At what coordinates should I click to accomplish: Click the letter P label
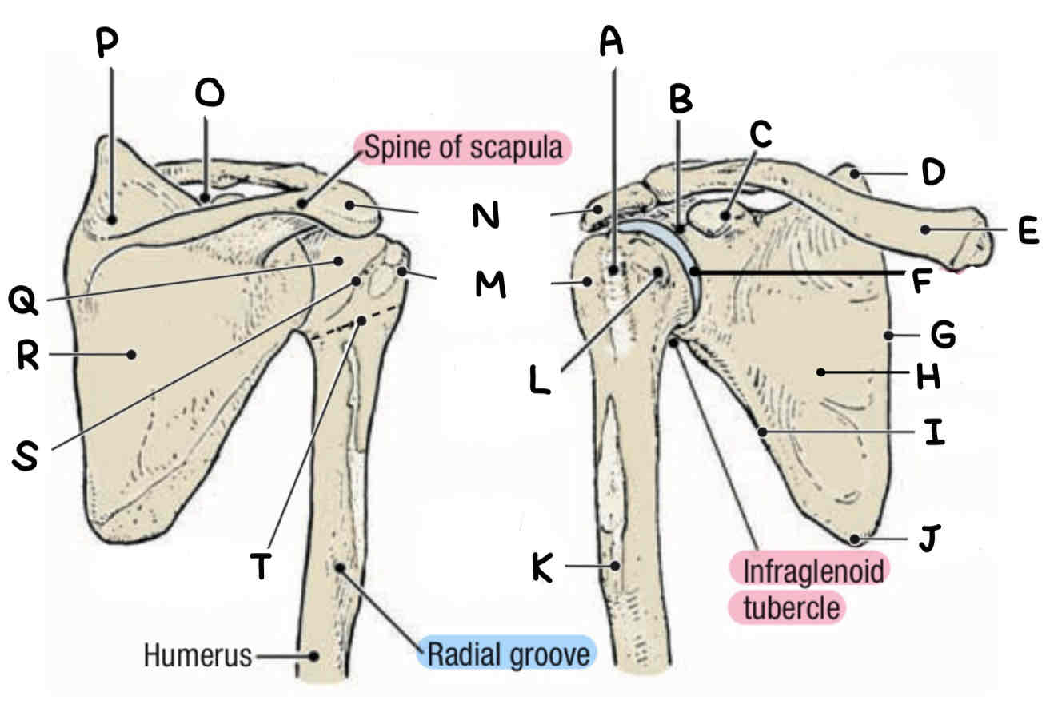[x=107, y=45]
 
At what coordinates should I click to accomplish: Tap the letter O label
[x=210, y=93]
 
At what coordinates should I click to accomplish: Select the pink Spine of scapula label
[x=463, y=149]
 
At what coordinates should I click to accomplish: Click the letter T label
[x=261, y=566]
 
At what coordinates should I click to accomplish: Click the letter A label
[x=611, y=40]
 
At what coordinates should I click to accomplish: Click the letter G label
[x=944, y=336]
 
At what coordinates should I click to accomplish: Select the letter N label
[x=483, y=214]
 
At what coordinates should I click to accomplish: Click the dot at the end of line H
[x=821, y=371]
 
